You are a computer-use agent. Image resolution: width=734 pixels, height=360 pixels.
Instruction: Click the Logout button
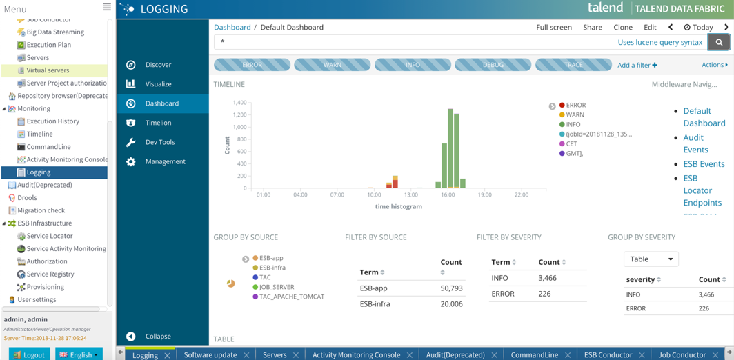29,354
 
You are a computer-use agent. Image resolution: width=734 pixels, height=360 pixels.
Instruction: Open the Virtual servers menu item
47,70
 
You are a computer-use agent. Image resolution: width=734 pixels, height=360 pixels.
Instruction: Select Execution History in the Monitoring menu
52,121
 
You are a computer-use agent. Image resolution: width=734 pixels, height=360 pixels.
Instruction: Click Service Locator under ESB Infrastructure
49,236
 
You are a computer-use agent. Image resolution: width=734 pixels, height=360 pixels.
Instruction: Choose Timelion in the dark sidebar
158,123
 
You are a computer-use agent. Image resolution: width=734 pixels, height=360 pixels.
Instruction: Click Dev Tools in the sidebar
159,142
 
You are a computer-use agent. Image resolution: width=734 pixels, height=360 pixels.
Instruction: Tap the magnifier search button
719,42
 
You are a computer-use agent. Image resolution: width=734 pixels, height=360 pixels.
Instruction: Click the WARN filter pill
332,65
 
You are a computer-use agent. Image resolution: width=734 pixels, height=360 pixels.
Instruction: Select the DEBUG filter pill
493,65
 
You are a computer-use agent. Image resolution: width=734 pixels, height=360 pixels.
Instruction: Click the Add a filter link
637,65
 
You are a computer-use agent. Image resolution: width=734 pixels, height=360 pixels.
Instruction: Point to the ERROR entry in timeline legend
575,106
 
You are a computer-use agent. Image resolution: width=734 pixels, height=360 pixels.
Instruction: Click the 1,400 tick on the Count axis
239,103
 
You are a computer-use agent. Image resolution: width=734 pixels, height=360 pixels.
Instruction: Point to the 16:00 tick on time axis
448,195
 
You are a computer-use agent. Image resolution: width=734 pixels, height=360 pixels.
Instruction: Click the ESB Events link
704,164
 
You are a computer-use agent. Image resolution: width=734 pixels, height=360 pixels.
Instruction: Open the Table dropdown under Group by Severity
651,259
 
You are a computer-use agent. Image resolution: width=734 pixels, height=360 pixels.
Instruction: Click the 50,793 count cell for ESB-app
450,288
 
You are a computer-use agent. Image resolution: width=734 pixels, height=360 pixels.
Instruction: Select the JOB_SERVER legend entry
276,287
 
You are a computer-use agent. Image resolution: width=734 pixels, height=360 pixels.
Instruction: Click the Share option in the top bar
592,28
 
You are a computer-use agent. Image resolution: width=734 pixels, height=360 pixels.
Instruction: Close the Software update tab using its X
246,355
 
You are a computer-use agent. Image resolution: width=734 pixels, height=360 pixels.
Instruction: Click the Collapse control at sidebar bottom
157,337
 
